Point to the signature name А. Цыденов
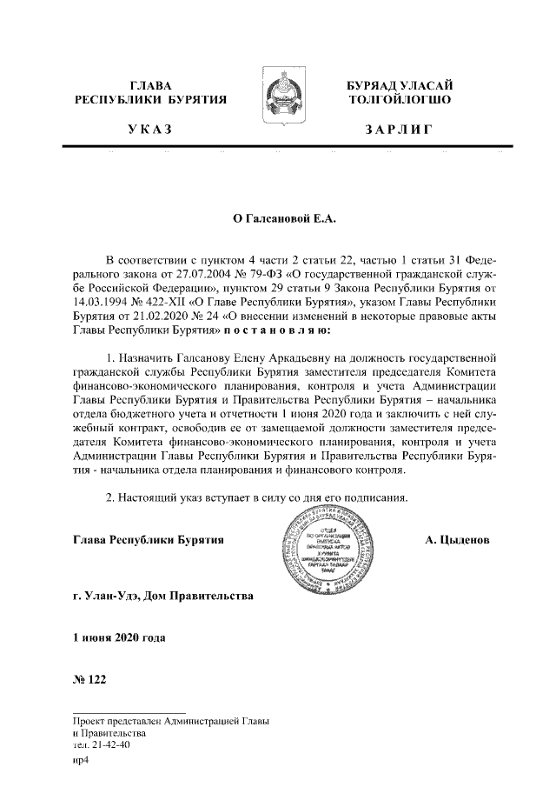pos(457,540)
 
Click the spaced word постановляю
pos(275,331)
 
